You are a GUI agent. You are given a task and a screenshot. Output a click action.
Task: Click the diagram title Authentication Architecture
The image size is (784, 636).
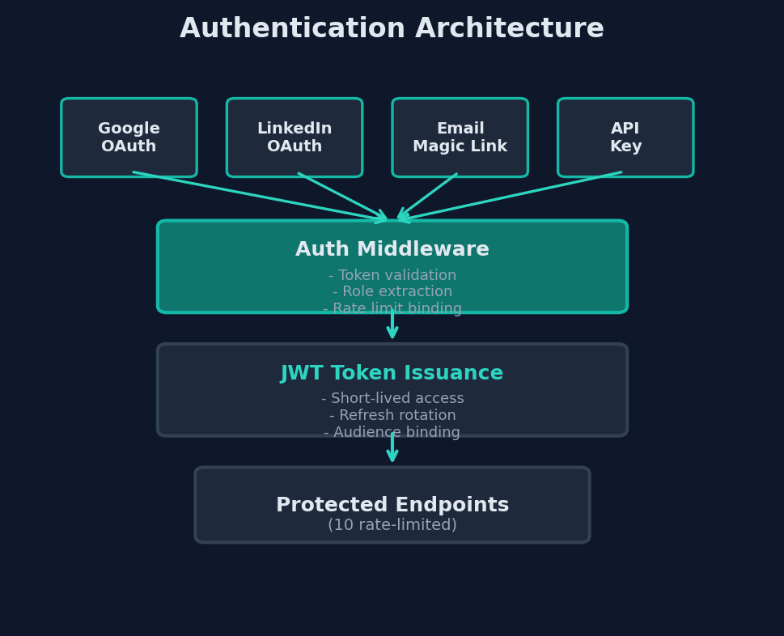392,29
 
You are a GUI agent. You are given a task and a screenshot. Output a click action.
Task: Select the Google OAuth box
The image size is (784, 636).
129,138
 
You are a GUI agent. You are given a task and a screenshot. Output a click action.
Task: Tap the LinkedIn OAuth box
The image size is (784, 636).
295,138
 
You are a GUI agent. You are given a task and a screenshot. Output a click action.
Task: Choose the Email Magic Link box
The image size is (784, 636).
460,138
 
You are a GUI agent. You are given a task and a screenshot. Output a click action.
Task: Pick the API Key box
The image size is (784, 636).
625,138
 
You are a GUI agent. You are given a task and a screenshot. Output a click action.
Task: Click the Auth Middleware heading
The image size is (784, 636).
392,250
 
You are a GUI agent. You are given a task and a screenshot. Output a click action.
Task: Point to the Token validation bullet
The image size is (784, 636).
392,276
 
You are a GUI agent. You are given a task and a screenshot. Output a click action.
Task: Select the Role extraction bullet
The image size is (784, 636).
392,292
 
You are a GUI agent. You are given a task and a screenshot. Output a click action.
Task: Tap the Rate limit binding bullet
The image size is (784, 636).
392,308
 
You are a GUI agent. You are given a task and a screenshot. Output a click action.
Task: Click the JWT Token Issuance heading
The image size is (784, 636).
392,374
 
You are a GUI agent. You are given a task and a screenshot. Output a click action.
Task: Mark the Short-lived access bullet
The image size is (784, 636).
392,399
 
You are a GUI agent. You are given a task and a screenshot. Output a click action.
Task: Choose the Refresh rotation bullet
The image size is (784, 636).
392,416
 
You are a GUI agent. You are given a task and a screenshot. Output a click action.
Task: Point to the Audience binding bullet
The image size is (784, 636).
392,433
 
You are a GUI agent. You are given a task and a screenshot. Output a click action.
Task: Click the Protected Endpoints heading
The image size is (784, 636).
392,506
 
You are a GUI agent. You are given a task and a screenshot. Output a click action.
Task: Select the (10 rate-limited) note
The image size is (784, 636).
392,525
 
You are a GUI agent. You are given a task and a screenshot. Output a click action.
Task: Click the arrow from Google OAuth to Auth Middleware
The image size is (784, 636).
259,196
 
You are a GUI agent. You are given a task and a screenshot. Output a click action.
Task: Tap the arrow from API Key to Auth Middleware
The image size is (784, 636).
510,196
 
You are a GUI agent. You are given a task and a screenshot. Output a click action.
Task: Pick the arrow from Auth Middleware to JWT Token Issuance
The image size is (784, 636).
392,326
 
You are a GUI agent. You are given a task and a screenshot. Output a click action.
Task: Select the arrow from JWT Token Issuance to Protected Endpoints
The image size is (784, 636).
392,449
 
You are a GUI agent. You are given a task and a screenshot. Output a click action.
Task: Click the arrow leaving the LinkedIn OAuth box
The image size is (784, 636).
343,196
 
